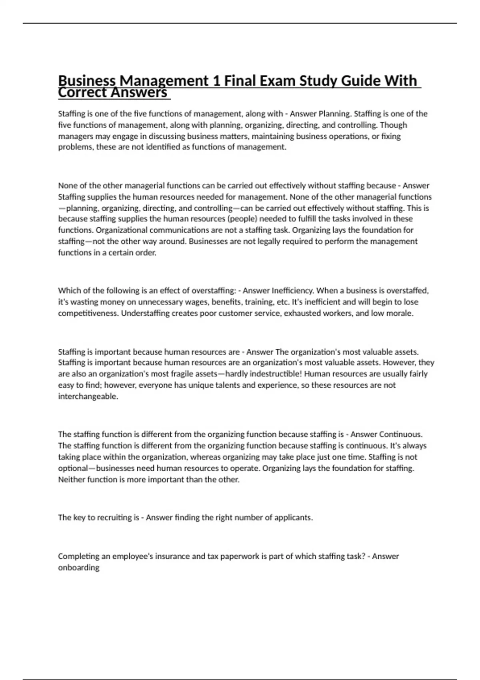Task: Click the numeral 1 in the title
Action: pyautogui.click(x=215, y=81)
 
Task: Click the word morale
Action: pyautogui.click(x=400, y=313)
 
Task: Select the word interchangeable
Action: pyautogui.click(x=88, y=396)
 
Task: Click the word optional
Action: pyautogui.click(x=73, y=468)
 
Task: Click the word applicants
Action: pyautogui.click(x=293, y=518)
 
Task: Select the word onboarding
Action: pyautogui.click(x=78, y=568)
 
